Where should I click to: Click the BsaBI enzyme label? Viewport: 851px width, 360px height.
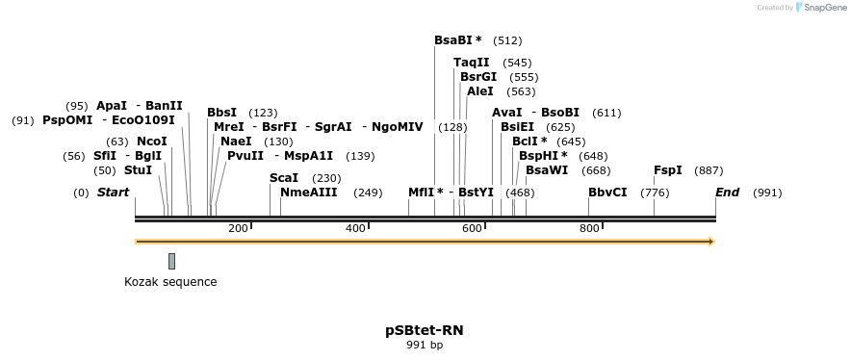[x=453, y=40]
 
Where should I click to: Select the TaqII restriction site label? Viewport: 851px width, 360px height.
[x=471, y=63]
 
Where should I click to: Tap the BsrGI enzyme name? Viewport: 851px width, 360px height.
[x=478, y=77]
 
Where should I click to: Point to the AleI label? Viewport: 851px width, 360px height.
[x=479, y=91]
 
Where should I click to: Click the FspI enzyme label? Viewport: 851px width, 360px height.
[x=668, y=170]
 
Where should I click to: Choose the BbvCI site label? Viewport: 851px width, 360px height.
[x=607, y=193]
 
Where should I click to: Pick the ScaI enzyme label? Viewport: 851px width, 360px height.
[x=284, y=178]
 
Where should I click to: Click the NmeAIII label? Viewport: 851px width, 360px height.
[x=308, y=193]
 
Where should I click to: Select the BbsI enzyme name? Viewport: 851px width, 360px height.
[x=221, y=113]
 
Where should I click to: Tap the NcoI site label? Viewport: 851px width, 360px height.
[x=152, y=141]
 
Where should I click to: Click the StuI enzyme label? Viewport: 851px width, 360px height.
[x=138, y=170]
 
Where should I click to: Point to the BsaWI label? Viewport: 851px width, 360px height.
[x=547, y=170]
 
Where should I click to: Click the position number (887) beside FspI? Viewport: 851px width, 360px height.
[x=709, y=170]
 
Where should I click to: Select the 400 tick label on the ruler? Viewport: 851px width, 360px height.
[x=355, y=228]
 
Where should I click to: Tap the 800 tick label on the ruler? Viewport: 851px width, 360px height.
[x=589, y=228]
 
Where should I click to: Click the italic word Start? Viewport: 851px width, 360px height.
[x=113, y=193]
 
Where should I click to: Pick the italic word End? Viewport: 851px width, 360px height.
[x=727, y=193]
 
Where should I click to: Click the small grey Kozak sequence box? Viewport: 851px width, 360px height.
[x=171, y=261]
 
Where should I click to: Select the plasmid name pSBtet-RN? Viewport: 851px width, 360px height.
[x=424, y=329]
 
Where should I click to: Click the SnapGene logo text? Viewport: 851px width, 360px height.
[x=823, y=8]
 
